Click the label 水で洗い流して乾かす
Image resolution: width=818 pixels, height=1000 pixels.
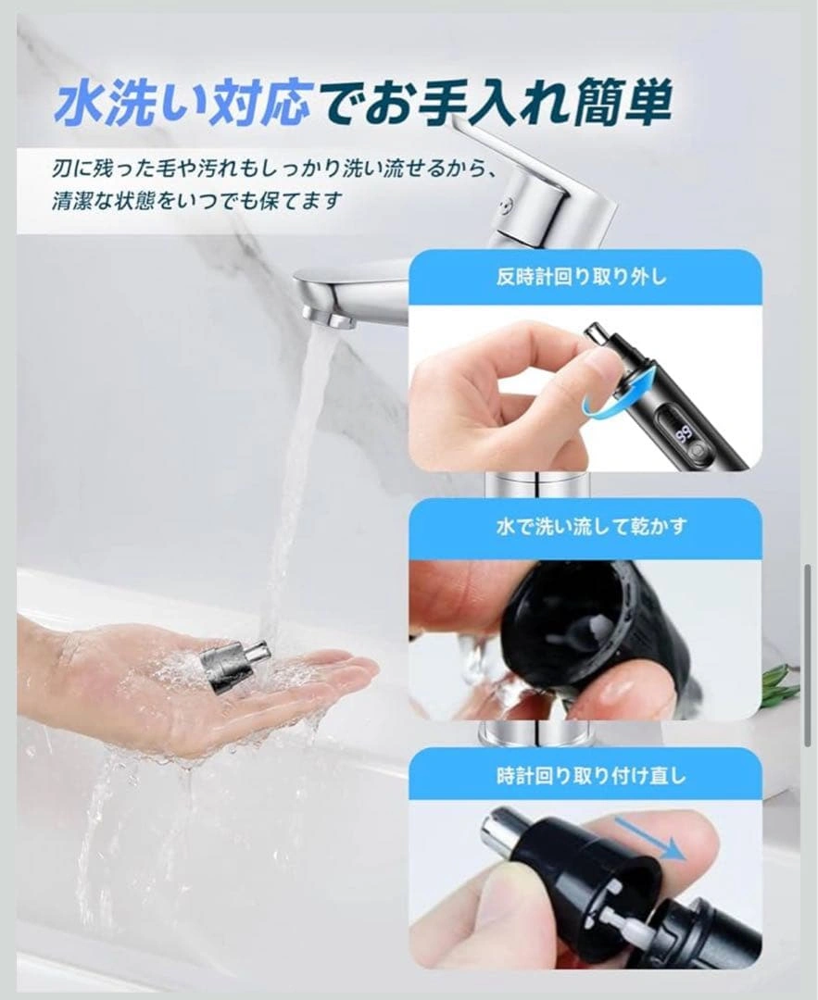(x=591, y=526)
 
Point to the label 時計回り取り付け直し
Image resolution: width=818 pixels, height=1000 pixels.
(x=591, y=776)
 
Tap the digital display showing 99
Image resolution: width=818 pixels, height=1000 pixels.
(x=686, y=434)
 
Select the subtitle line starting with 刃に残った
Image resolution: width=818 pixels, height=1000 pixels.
(x=274, y=169)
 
